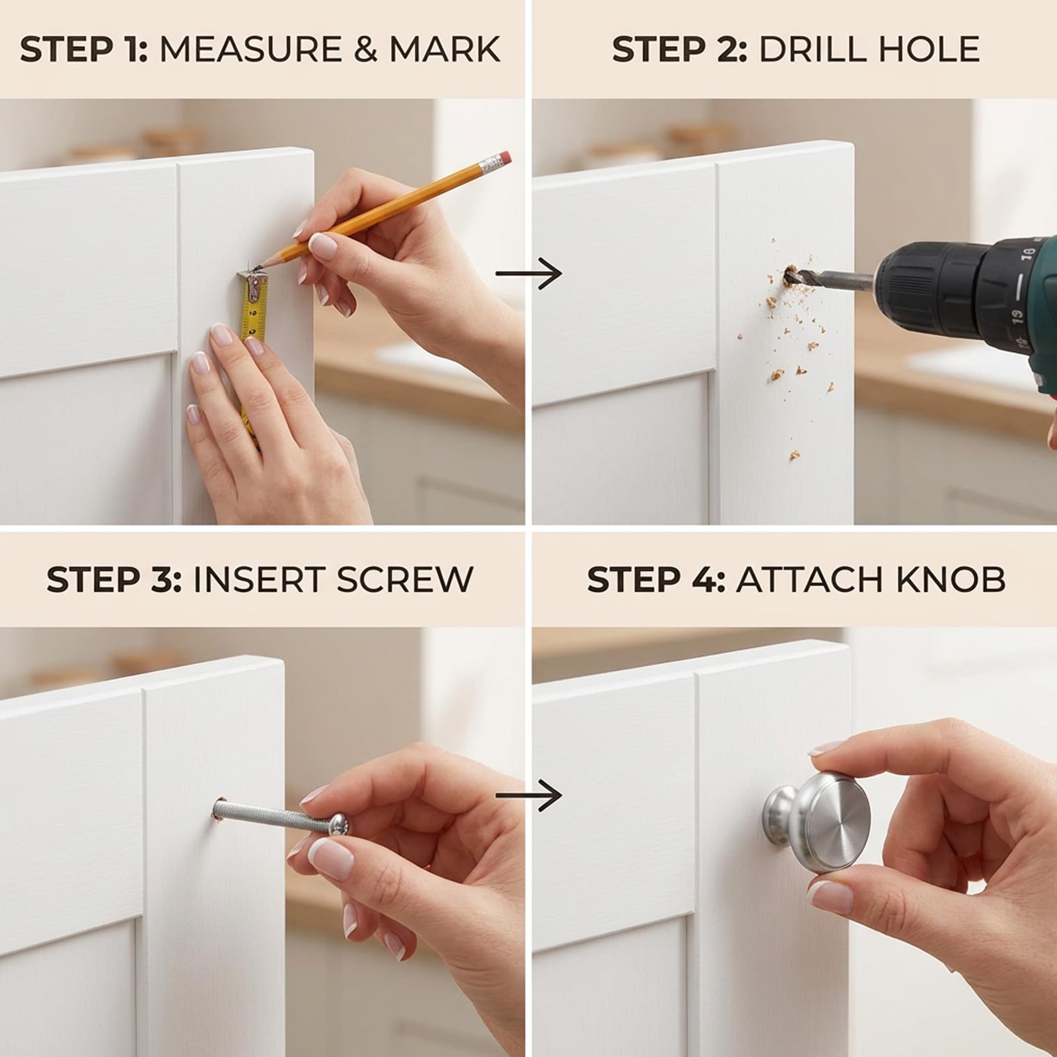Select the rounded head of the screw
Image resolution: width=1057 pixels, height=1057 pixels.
tap(339, 823)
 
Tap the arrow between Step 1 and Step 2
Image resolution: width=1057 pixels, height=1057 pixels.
tap(528, 273)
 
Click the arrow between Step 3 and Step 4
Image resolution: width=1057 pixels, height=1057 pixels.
tap(528, 795)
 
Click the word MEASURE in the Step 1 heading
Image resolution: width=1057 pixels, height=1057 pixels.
tap(251, 50)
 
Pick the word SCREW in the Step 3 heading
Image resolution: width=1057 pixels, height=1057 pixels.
tap(404, 579)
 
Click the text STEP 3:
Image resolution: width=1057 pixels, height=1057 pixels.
tap(114, 579)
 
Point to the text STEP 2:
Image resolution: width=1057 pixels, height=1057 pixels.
tap(679, 50)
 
